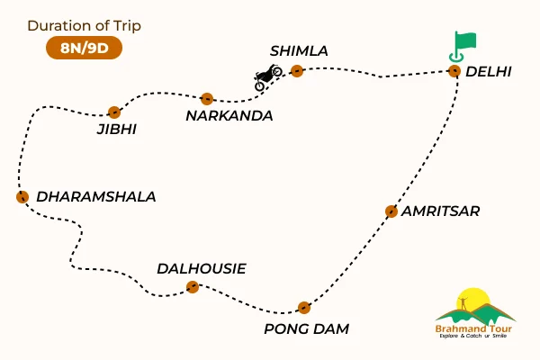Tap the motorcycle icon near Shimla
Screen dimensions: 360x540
click(x=268, y=76)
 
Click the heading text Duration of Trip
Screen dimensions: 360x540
click(x=84, y=25)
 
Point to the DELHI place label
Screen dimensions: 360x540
click(x=490, y=72)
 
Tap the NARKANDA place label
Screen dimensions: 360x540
click(x=229, y=116)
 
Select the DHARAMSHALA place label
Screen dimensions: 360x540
click(x=95, y=196)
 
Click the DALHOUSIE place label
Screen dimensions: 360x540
click(x=201, y=268)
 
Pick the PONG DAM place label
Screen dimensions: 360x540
click(x=306, y=329)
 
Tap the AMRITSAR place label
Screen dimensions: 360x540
click(x=441, y=211)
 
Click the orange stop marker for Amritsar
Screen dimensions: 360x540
click(x=391, y=211)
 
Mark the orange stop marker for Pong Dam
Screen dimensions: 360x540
click(x=304, y=307)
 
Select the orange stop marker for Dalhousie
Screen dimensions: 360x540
click(x=192, y=287)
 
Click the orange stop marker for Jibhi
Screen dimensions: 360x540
click(x=113, y=112)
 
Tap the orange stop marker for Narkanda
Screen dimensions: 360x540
click(x=207, y=99)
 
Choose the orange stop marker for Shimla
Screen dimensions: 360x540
click(x=297, y=72)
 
